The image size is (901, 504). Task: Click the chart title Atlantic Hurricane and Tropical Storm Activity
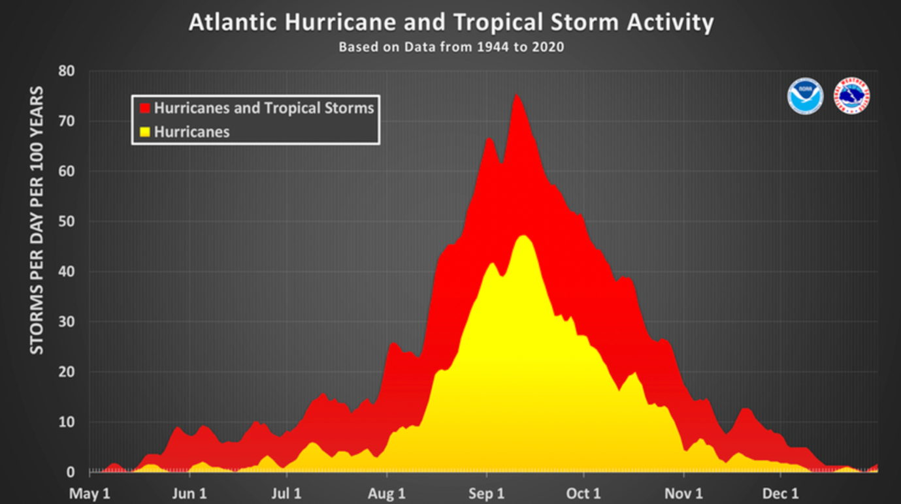(x=451, y=23)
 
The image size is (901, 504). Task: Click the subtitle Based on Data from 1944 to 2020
(x=451, y=47)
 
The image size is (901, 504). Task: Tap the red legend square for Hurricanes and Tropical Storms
(x=145, y=108)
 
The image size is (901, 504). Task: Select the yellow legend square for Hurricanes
(x=145, y=132)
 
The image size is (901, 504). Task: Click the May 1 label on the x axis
(x=90, y=494)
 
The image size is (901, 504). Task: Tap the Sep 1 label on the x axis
(x=485, y=494)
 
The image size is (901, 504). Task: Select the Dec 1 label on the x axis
(x=781, y=494)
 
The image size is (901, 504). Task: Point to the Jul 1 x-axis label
(x=287, y=494)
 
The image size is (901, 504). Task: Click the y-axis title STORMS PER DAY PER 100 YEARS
(x=37, y=220)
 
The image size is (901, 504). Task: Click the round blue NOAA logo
(x=805, y=96)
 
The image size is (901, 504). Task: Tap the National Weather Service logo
(x=852, y=96)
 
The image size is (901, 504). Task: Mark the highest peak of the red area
(x=516, y=95)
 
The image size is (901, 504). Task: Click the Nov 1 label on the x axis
(x=685, y=494)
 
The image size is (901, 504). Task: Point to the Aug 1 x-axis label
(x=387, y=494)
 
